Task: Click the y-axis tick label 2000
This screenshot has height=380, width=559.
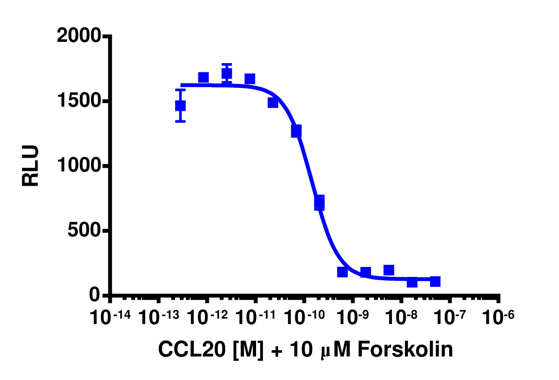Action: (x=79, y=36)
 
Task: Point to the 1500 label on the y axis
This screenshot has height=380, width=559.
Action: (x=79, y=101)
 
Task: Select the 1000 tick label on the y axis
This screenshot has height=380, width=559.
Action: (x=79, y=165)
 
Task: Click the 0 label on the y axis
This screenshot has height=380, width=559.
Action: (x=95, y=295)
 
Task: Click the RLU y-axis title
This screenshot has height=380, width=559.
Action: (x=31, y=166)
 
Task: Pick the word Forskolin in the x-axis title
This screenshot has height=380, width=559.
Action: (x=405, y=350)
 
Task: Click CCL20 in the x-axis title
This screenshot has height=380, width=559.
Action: (x=192, y=350)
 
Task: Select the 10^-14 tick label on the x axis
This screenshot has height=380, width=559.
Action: (x=110, y=317)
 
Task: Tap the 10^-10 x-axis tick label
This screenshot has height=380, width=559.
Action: (x=305, y=317)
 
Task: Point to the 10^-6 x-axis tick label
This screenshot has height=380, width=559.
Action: (x=498, y=317)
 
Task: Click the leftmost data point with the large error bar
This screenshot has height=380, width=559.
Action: (x=180, y=106)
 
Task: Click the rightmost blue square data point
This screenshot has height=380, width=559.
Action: (x=435, y=281)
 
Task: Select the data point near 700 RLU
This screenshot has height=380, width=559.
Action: (x=319, y=203)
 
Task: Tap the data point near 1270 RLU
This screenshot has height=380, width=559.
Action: (x=296, y=131)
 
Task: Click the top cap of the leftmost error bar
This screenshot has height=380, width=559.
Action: (x=180, y=90)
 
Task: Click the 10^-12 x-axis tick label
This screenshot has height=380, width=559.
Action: (x=207, y=317)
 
